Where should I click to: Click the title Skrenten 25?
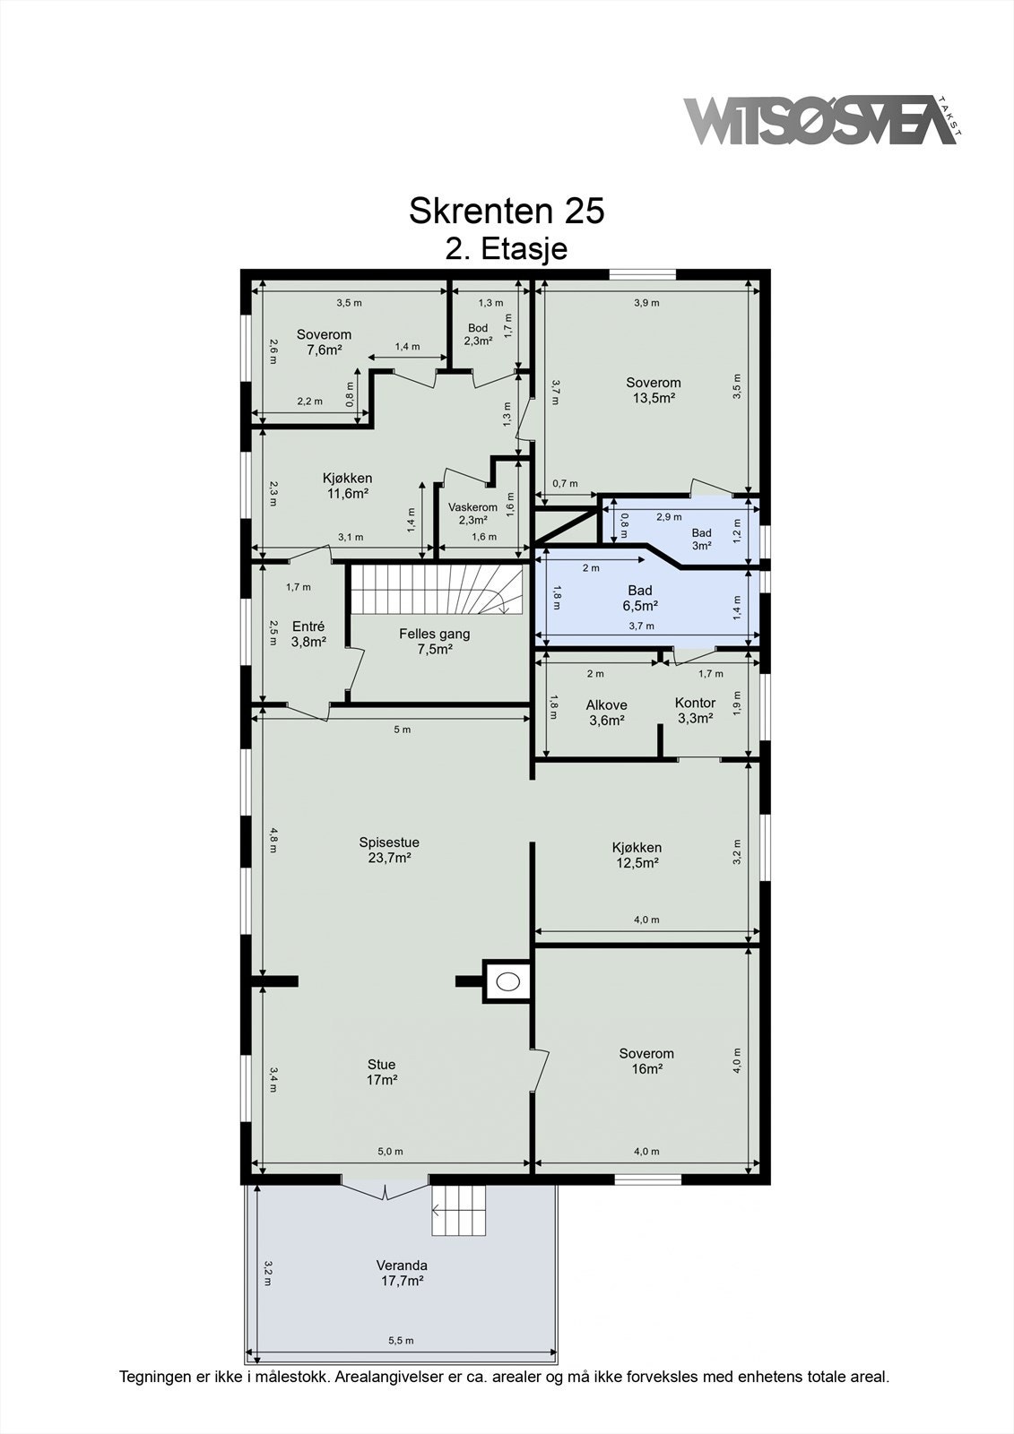tap(507, 211)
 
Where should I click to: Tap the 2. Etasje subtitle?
tap(507, 248)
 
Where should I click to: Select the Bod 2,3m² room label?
tap(478, 334)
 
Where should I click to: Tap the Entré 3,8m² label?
tap(308, 634)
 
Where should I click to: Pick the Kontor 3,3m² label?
tap(695, 711)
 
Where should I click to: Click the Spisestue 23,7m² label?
tap(389, 851)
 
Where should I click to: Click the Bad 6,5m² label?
tap(640, 597)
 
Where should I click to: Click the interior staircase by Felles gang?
tap(437, 588)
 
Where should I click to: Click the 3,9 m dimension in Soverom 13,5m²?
tap(647, 303)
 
